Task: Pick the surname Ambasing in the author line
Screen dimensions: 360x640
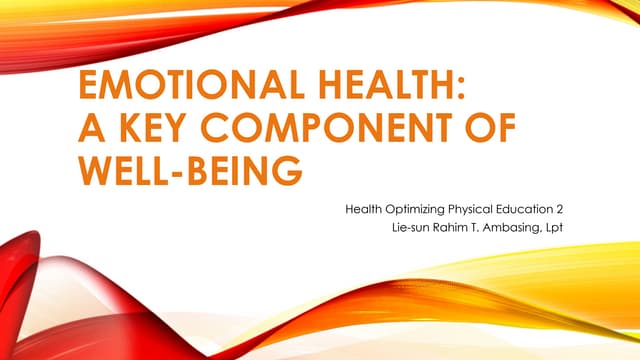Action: (x=520, y=230)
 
